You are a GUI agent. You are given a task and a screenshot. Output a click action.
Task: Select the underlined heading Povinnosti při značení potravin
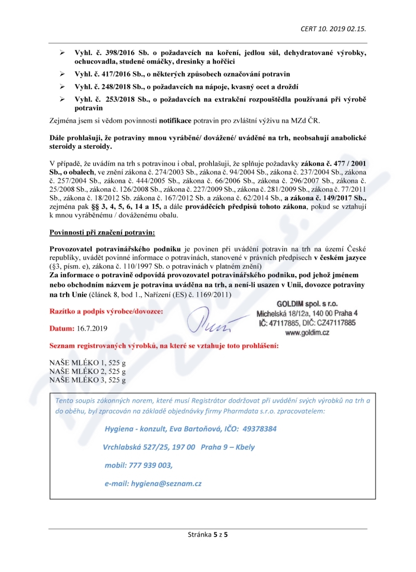coord(102,231)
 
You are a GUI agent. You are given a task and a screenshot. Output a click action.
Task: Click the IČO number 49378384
coord(257,429)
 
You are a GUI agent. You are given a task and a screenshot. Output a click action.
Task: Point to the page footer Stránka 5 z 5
coord(208,534)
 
